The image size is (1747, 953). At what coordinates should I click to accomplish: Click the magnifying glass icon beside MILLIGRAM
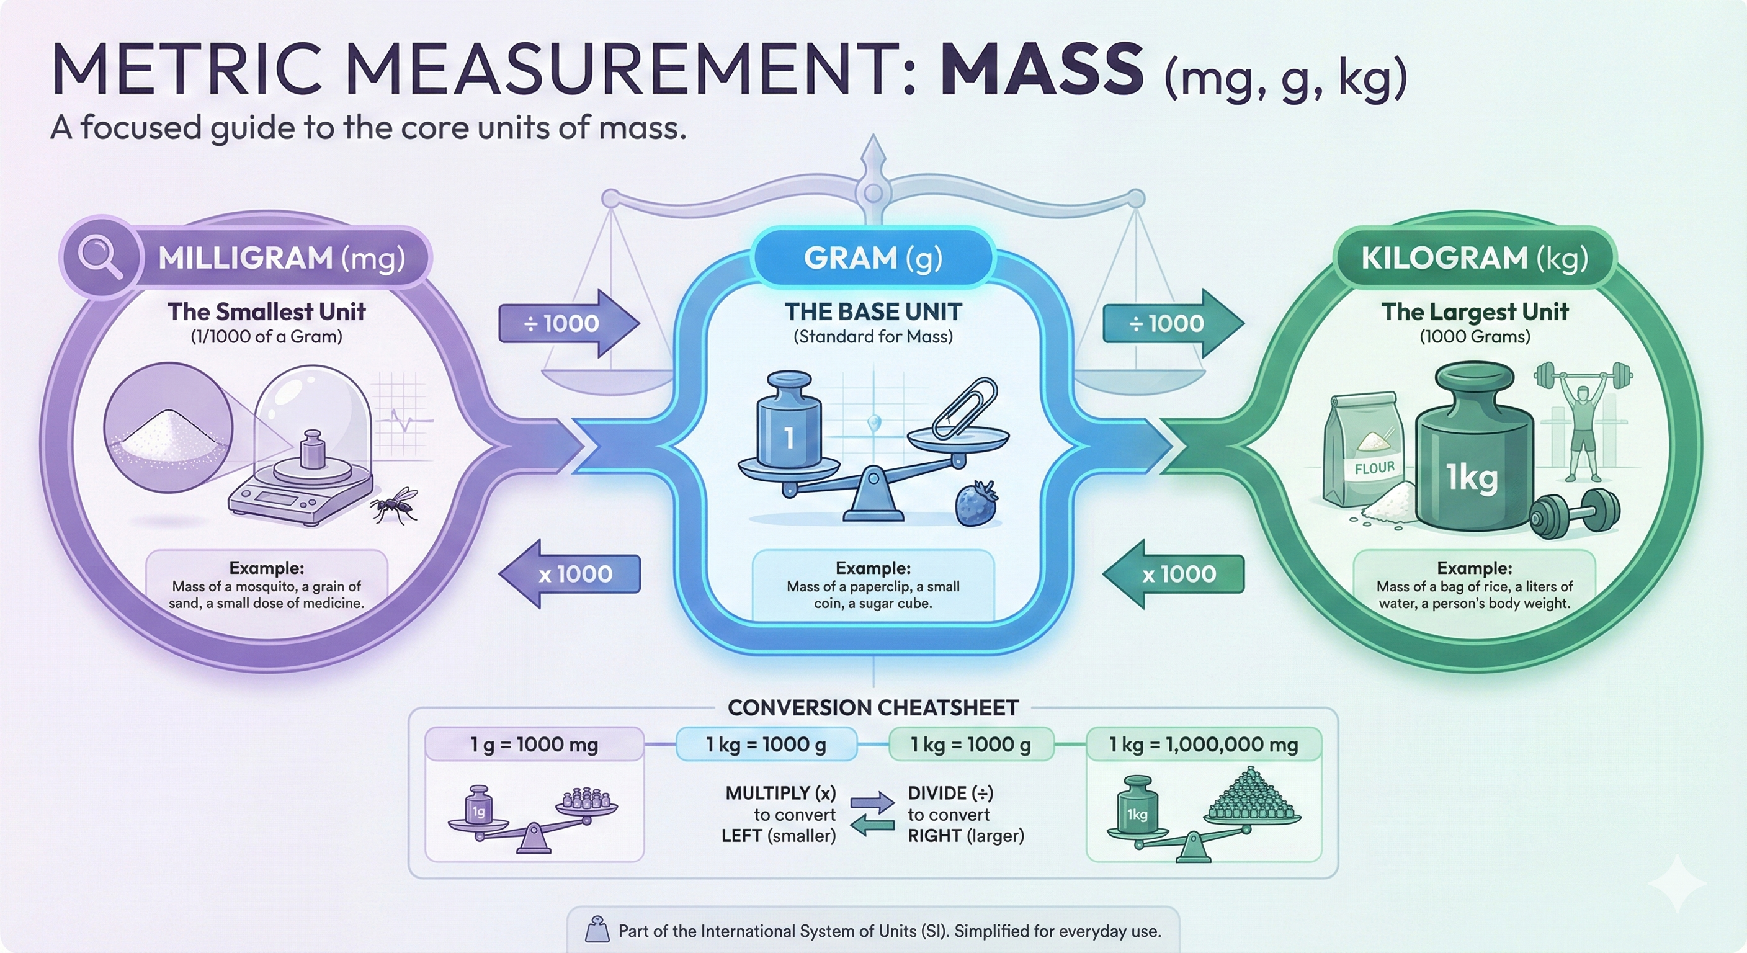pyautogui.click(x=100, y=257)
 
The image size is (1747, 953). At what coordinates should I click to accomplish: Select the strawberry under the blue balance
pyautogui.click(x=976, y=503)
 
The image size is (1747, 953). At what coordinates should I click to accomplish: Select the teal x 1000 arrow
pyautogui.click(x=1173, y=574)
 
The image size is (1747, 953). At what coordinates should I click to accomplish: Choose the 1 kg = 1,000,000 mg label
pyautogui.click(x=1204, y=745)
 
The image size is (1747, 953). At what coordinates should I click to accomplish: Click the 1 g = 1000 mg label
pyautogui.click(x=534, y=745)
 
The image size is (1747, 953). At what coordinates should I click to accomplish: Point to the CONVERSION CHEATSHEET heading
pyautogui.click(x=873, y=708)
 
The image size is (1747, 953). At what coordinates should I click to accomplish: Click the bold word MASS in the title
pyautogui.click(x=1042, y=69)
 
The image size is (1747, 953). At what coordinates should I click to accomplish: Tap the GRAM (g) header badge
pyautogui.click(x=873, y=257)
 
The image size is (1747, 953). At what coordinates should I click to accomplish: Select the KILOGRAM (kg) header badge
pyautogui.click(x=1475, y=257)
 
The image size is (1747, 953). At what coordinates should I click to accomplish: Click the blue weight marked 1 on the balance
pyautogui.click(x=789, y=420)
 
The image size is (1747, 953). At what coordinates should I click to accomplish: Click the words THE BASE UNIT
pyautogui.click(x=873, y=311)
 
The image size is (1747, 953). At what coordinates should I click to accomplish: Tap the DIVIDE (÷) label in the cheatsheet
pyautogui.click(x=950, y=793)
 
